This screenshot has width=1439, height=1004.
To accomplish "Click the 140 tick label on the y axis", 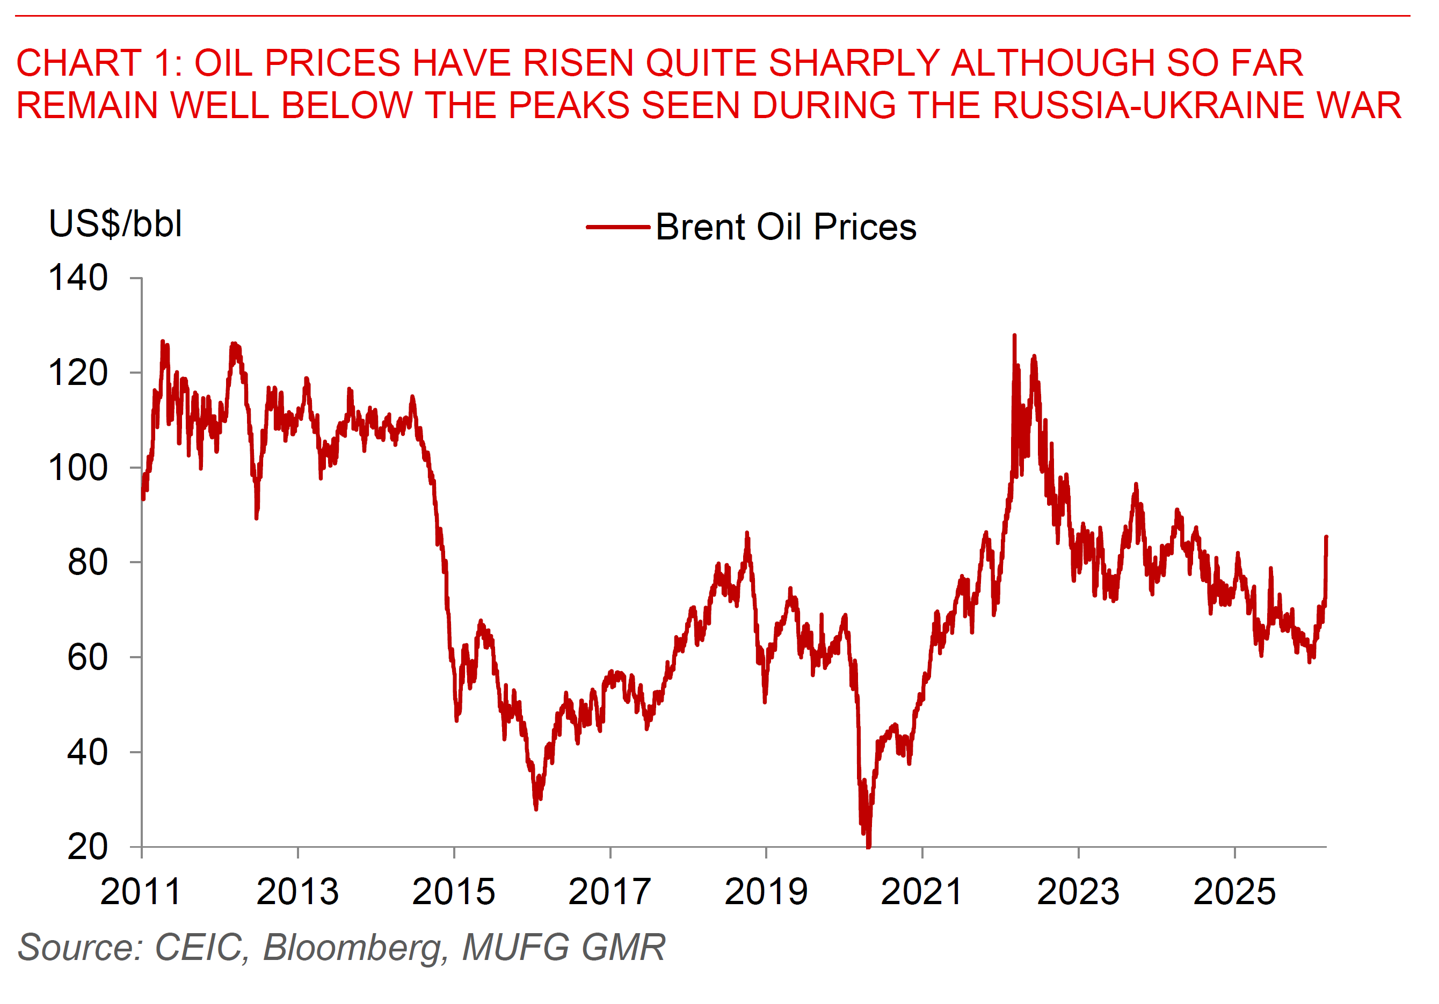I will [x=78, y=278].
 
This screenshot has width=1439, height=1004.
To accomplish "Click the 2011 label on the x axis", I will [x=141, y=892].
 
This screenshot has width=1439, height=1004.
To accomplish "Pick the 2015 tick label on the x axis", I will [x=454, y=892].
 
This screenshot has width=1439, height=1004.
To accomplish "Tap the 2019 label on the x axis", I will [x=766, y=892].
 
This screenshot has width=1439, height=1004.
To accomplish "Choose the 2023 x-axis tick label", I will [x=1078, y=892].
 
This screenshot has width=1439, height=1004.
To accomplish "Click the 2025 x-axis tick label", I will [x=1234, y=892].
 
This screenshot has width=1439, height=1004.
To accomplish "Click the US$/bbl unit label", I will [x=115, y=224].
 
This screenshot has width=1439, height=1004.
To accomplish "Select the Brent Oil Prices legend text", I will [x=786, y=227].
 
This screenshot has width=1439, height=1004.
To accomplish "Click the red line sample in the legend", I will [x=618, y=227].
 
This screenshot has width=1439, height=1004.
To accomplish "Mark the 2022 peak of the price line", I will [x=1015, y=336].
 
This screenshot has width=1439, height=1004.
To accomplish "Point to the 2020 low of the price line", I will [x=868, y=846].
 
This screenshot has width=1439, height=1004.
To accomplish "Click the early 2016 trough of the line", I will [x=536, y=809].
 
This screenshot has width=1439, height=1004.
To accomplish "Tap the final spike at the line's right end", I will [x=1326, y=538].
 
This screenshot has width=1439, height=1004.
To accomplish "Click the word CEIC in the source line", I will [x=198, y=947].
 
